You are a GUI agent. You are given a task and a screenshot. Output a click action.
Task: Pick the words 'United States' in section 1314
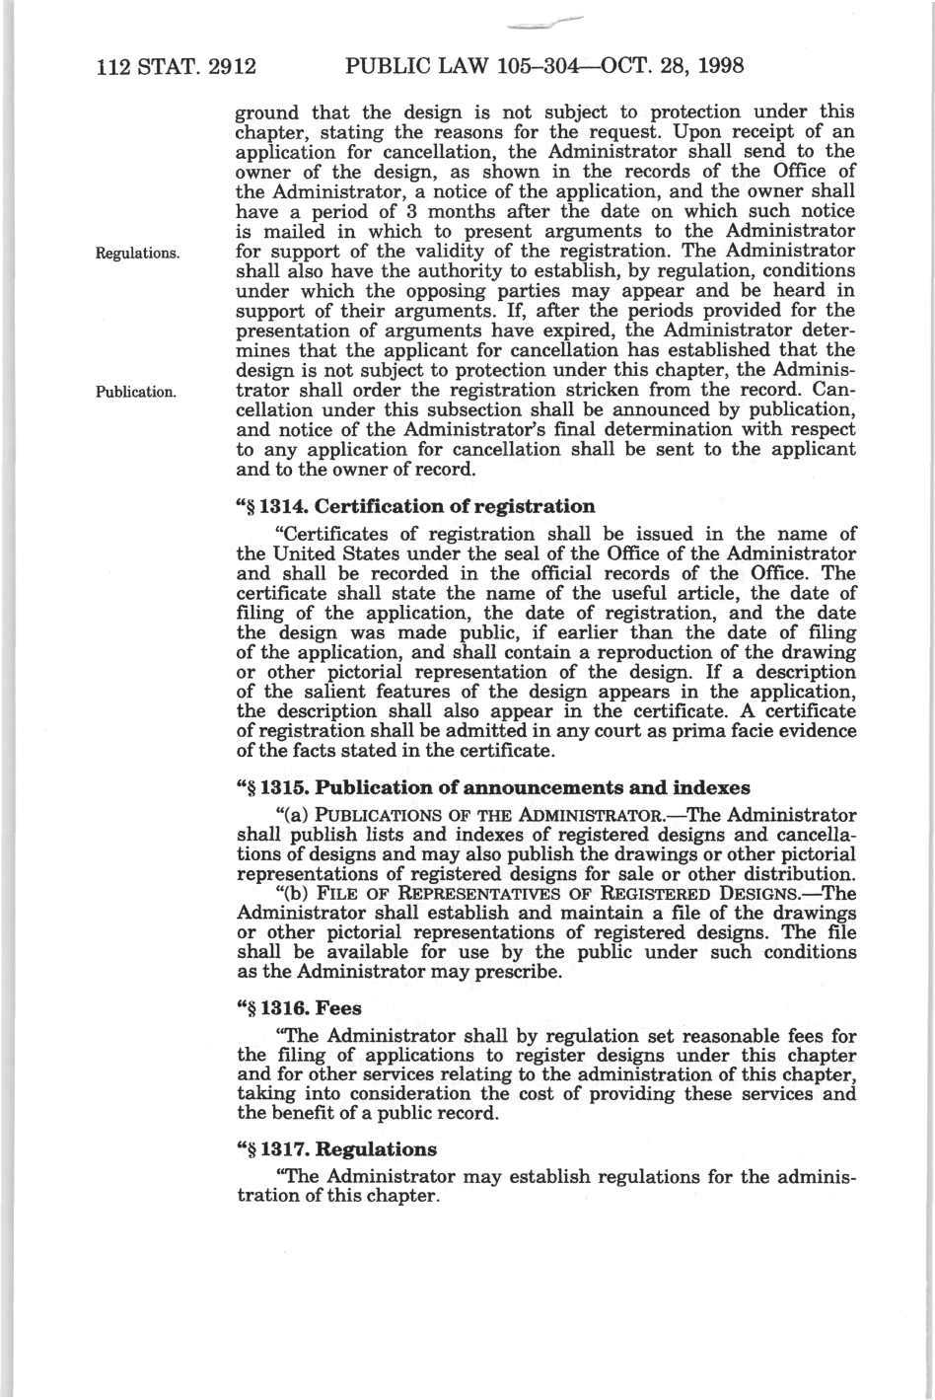pyautogui.click(x=328, y=553)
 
